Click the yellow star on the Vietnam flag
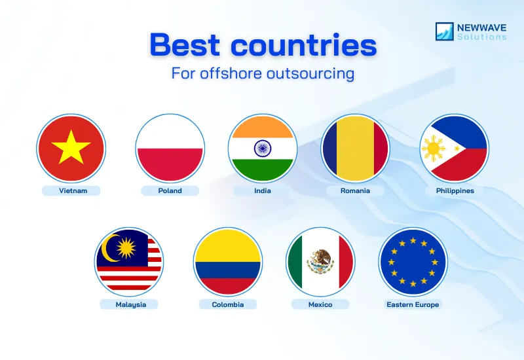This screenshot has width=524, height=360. (x=71, y=149)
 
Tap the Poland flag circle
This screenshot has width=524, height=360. (x=170, y=149)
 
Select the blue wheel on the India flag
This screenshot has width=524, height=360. (x=262, y=149)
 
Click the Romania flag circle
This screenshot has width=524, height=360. (x=355, y=149)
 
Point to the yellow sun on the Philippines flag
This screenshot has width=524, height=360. (x=434, y=149)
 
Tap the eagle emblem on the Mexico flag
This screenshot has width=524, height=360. (x=320, y=261)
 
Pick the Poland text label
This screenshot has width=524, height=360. (x=170, y=191)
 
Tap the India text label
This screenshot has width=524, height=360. (x=263, y=191)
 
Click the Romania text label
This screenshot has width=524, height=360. (x=355, y=191)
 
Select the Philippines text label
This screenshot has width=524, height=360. (x=455, y=191)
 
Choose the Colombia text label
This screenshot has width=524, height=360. (x=228, y=304)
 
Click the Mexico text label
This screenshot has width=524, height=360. (x=320, y=304)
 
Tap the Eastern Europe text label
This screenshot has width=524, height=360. (x=413, y=304)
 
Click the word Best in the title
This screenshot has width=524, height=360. (x=190, y=46)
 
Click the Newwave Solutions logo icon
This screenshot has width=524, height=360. (x=445, y=31)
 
